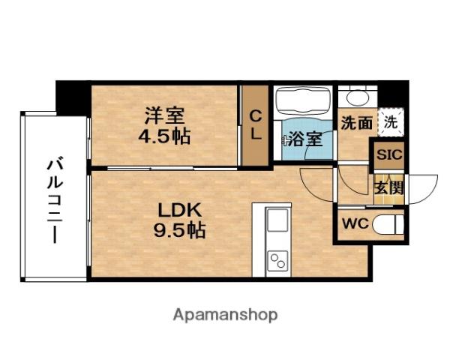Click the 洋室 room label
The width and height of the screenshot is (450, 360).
tap(165, 116)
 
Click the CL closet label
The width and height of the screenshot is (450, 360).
tap(255, 126)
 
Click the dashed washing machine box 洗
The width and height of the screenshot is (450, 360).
tap(390, 120)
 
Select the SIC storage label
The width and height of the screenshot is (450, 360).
tap(389, 156)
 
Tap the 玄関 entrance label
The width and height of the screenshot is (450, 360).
tap(388, 187)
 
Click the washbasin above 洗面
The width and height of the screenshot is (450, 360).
tap(355, 97)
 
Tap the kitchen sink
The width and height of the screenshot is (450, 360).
tap(277, 222)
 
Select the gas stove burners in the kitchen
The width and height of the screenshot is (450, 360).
tap(277, 260)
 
